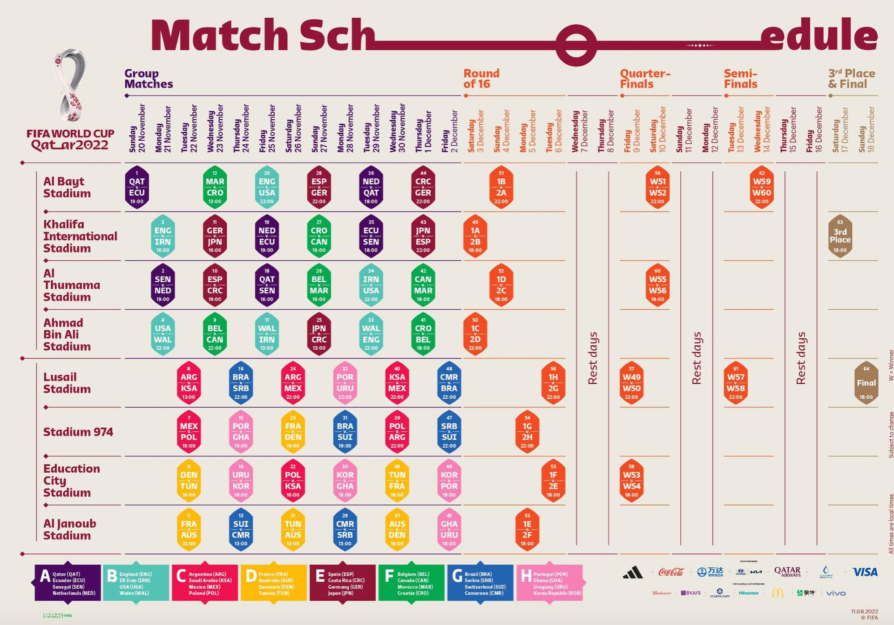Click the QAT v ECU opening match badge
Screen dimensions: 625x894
pos(137,187)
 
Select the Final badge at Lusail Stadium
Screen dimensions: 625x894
pos(866,382)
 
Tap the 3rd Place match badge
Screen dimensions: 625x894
pos(840,236)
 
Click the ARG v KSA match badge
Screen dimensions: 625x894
pos(189,382)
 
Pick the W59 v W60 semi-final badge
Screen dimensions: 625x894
pos(762,187)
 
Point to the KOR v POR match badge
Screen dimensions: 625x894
pos(449,480)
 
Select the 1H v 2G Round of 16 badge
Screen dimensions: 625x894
pos(553,382)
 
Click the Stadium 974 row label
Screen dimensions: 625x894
pos(78,432)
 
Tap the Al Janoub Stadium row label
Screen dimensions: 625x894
pos(70,529)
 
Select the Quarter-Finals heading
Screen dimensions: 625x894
pos(645,79)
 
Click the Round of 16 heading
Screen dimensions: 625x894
pos(481,79)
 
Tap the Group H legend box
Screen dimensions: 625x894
pos(549,583)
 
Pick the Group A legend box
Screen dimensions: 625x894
pos(68,583)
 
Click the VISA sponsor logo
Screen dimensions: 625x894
pos(865,572)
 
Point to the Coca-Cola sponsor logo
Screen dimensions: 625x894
pos(671,572)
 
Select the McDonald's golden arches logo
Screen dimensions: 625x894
pos(778,593)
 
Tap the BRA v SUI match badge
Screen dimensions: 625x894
pos(345,431)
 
